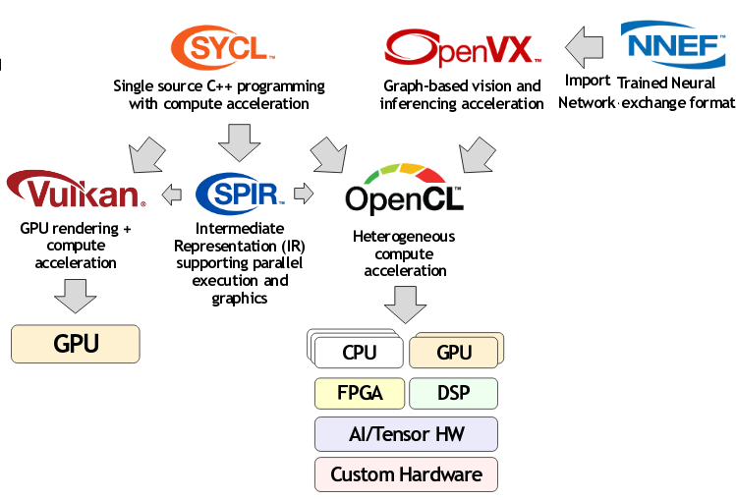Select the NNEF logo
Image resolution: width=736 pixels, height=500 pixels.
673,44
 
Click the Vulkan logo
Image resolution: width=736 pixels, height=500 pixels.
76,191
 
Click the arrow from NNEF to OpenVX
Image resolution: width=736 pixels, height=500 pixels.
587,45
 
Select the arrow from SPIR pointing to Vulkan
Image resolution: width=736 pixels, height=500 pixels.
172,194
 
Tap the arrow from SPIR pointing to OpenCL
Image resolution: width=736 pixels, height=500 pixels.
304,194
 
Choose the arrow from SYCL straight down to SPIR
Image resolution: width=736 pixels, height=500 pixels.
238,141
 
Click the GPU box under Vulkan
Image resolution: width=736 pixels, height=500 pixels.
76,344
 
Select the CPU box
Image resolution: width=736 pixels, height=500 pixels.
359,353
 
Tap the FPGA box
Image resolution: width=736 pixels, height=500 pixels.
359,394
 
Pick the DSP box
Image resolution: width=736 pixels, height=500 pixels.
453,394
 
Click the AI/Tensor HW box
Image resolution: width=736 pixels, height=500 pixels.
405,434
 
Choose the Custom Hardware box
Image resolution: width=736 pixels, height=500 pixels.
405,474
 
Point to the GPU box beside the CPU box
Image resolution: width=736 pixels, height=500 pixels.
453,353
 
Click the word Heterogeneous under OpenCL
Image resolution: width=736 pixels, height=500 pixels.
404,237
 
